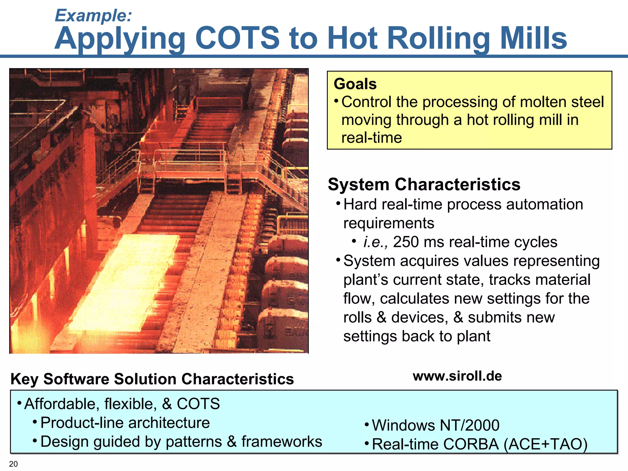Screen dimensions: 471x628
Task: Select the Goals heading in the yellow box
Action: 355,84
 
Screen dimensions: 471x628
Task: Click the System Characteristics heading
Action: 424,185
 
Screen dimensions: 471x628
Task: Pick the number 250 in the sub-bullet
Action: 406,242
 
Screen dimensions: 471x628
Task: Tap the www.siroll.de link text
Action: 457,376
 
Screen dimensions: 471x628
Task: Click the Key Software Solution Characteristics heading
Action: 152,379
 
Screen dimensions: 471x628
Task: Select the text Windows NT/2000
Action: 435,425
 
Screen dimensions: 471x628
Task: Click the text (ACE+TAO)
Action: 546,444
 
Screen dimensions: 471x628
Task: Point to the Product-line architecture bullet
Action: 125,423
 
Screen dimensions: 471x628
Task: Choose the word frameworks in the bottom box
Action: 281,442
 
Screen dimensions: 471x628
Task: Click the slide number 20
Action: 13,464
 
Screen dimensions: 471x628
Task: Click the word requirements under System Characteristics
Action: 389,223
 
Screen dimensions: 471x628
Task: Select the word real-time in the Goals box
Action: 371,138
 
